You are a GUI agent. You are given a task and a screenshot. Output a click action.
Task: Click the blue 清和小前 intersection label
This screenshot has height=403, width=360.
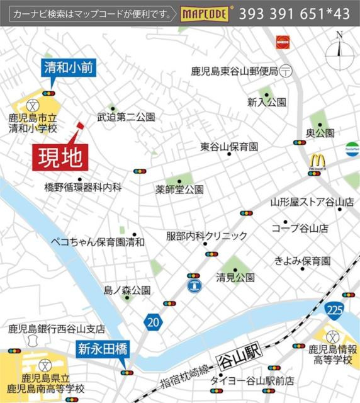tap(69, 68)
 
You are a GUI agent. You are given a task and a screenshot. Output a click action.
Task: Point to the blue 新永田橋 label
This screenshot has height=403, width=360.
tap(103, 348)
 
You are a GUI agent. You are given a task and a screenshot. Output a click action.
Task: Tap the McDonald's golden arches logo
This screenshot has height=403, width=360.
tap(316, 161)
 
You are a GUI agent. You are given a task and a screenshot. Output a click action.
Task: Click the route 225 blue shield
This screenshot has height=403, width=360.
tap(334, 309)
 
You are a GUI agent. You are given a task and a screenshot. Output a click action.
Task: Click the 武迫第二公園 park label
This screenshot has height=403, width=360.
tap(126, 117)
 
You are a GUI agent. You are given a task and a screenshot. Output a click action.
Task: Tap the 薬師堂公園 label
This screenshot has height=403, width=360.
tap(180, 189)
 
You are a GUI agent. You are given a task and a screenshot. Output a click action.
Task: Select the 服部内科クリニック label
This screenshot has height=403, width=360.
tap(206, 236)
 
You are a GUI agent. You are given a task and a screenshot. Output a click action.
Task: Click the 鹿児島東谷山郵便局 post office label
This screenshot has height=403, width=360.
tap(234, 72)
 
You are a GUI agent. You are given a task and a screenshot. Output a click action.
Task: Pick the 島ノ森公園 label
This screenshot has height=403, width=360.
tap(127, 290)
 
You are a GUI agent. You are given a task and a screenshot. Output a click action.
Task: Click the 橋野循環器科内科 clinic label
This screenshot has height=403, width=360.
tap(82, 187)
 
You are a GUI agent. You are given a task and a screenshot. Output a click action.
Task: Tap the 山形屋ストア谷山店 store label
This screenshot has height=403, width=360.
tap(312, 202)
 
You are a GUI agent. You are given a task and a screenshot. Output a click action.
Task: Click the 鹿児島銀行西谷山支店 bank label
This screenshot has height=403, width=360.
tap(57, 329)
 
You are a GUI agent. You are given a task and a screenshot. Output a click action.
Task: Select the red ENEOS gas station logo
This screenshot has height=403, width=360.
tap(282, 42)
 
